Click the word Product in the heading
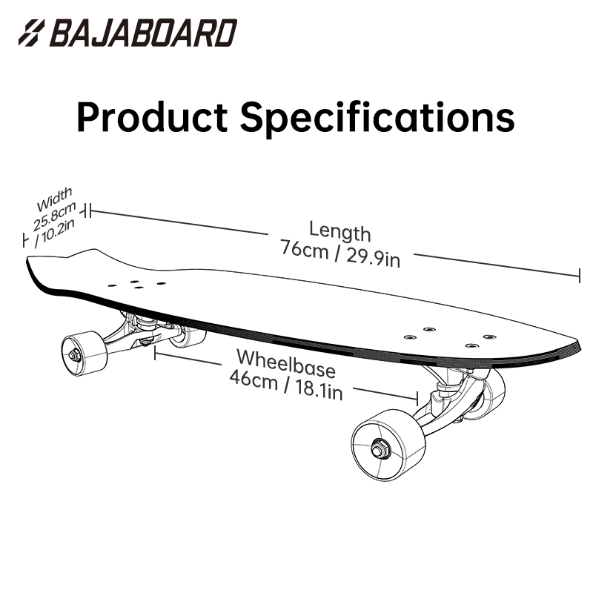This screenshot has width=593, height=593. coord(152,117)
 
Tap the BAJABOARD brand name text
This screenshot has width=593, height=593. coord(143,33)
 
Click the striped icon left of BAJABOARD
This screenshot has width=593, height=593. coord(31,33)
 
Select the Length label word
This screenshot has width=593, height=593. coord(340,232)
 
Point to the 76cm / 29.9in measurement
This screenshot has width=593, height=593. coord(340,254)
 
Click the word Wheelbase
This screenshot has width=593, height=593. coord(286,363)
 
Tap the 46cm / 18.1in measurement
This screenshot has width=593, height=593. coord(286,385)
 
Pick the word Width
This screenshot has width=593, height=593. coord(54,199)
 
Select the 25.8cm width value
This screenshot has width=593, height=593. coord(55,216)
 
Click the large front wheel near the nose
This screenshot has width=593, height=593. coord(388,445)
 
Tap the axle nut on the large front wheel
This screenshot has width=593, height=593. coord(378,449)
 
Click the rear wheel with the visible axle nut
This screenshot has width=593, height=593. coord(85,354)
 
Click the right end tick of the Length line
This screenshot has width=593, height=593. coord(579,275)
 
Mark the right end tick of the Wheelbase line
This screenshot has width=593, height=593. coord(417,399)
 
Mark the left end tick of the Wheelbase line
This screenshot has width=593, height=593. coord(155,353)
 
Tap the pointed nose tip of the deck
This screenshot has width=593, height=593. coord(579,342)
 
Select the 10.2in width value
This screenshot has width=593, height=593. coord(55,233)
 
